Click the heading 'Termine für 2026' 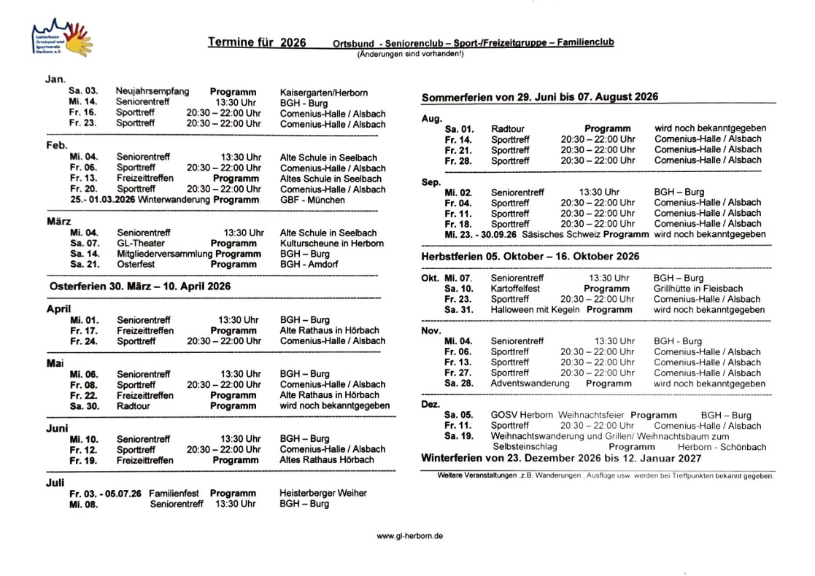point(257,42)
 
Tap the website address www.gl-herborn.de point(409,536)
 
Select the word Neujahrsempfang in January point(152,92)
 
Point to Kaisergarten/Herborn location point(323,93)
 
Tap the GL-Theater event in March point(140,244)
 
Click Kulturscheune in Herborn point(331,244)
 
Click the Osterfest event point(135,265)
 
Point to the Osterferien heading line point(139,287)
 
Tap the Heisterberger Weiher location point(323,494)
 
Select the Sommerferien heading point(540,97)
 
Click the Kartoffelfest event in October point(515,289)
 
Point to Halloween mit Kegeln point(535,310)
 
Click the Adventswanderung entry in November point(530,384)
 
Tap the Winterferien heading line point(561,459)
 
